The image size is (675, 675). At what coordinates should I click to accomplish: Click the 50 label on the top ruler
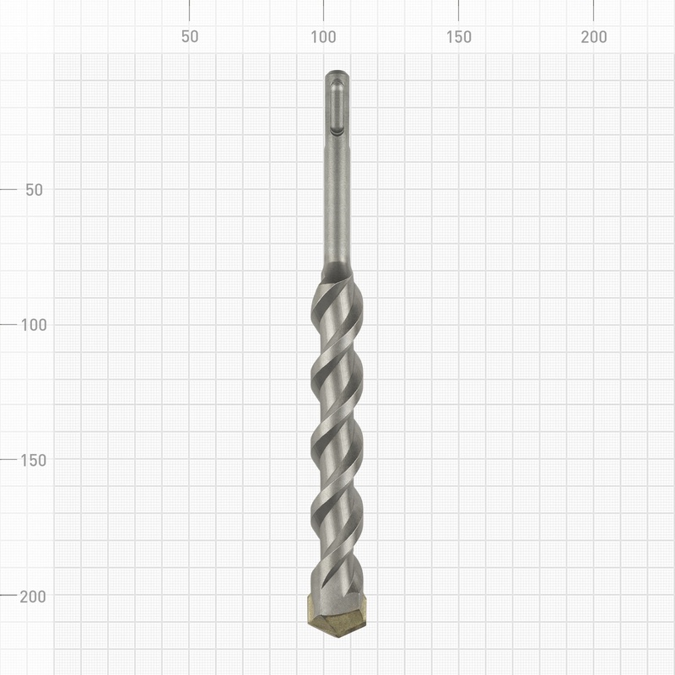tap(189, 37)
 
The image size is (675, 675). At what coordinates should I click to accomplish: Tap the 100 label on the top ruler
tap(324, 37)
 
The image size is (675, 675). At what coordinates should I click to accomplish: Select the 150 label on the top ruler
tap(459, 37)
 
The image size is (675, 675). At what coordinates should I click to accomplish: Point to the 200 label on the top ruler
tap(594, 37)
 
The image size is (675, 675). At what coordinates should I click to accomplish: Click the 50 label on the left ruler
tap(35, 189)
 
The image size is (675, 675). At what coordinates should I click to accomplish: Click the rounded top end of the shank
tap(336, 73)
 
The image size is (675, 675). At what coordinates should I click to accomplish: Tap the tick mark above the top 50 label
tap(189, 10)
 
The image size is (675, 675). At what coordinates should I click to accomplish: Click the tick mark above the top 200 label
tap(594, 10)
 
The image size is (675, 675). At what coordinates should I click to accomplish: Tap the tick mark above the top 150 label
tap(459, 10)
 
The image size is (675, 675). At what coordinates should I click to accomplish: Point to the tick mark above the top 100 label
tap(324, 10)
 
